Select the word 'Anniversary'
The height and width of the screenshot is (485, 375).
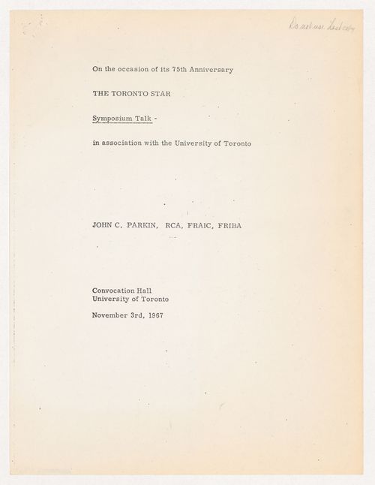[215, 70]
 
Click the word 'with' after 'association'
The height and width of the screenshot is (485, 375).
[158, 143]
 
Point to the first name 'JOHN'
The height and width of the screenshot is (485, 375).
[103, 224]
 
